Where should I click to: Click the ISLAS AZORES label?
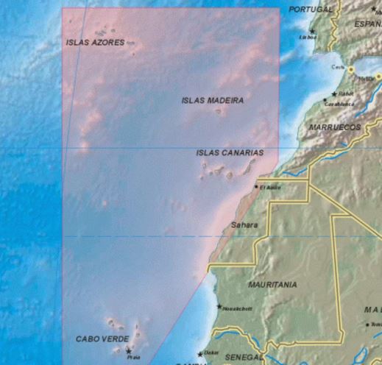[x=95, y=43]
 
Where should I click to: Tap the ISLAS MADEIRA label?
[x=213, y=100]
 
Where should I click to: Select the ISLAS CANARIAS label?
[x=230, y=153]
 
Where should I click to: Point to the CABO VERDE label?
[x=102, y=339]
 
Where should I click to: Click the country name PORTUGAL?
[x=311, y=10]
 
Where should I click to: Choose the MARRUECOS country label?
[x=335, y=127]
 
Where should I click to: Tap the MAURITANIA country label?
[x=273, y=284]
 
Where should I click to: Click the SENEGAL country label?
[x=243, y=358]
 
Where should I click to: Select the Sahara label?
[x=244, y=224]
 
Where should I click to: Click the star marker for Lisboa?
[x=312, y=31]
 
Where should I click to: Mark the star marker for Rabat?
[x=334, y=94]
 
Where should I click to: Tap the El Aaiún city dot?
[x=256, y=187]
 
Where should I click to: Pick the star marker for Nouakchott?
[x=219, y=306]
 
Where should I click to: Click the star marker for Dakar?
[x=199, y=354]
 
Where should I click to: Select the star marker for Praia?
[x=128, y=351]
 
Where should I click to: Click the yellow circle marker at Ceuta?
[x=352, y=69]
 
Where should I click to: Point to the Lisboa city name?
[x=308, y=38]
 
